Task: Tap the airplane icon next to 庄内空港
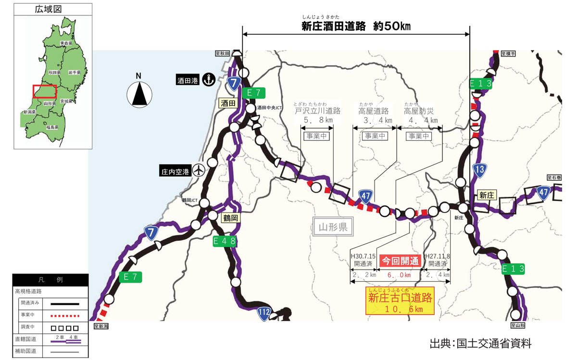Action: coord(199,170)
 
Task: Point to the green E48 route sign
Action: coord(225,241)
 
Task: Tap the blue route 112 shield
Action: coord(263,313)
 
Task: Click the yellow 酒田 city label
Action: coord(227,103)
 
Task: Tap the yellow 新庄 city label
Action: coord(487,195)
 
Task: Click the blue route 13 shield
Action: coord(478,169)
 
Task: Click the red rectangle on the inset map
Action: coord(45,91)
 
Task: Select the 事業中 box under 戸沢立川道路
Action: coord(317,136)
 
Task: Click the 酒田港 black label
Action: coord(187,80)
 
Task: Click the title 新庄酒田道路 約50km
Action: coord(356,26)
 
